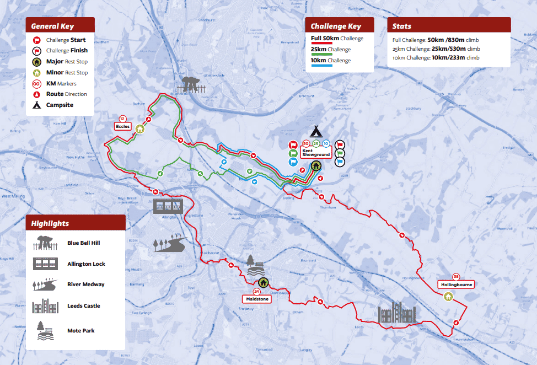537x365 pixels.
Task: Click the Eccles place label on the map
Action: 123,126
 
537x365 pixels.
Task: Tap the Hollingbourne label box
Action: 456,285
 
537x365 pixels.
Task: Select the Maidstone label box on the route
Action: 256,298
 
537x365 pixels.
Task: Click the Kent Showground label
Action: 316,153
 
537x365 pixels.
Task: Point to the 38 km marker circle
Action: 455,276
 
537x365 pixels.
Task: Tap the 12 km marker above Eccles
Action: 122,118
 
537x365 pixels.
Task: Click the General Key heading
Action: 52,26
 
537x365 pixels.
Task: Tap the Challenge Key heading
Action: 336,26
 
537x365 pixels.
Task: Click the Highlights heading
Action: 50,223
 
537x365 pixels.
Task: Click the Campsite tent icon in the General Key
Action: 37,105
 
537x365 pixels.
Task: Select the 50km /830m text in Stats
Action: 446,40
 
